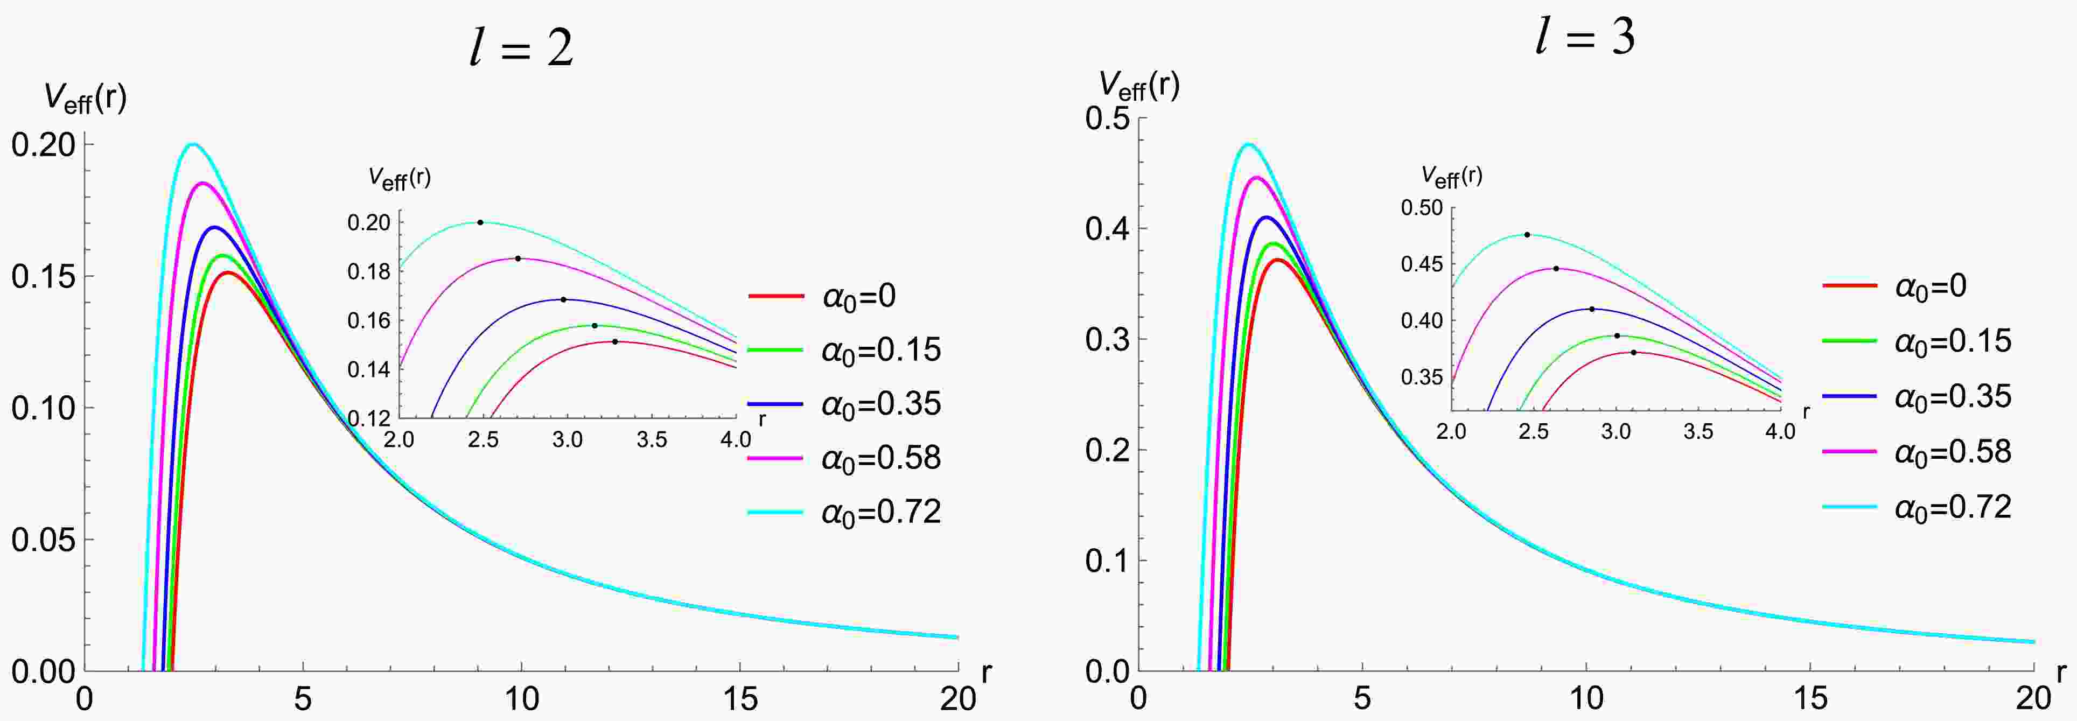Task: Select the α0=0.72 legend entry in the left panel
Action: point(844,512)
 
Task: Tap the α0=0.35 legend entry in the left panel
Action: point(844,403)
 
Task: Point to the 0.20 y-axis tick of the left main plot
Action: point(44,145)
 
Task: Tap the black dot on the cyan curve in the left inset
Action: point(480,222)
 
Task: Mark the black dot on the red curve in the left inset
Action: point(614,342)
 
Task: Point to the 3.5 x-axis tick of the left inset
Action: point(652,439)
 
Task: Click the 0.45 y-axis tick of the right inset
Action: point(1422,264)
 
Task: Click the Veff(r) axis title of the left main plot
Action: point(85,99)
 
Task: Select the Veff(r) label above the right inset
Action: point(1451,176)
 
